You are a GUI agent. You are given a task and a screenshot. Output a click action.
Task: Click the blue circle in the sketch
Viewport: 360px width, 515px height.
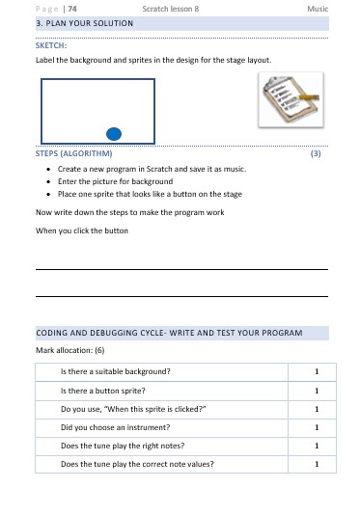(x=113, y=132)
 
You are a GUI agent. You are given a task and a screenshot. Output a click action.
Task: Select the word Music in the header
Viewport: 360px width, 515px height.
(x=317, y=8)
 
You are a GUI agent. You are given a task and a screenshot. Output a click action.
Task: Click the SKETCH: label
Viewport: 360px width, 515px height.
(x=52, y=45)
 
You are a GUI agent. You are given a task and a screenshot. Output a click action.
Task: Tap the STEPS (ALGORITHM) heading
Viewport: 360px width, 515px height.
(x=73, y=153)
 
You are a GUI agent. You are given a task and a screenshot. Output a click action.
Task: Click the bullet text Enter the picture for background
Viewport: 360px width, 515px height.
(x=115, y=181)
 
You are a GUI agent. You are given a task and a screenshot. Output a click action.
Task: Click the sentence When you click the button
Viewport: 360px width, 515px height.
(x=82, y=231)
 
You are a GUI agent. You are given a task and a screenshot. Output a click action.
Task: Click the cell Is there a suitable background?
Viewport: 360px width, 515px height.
(x=116, y=371)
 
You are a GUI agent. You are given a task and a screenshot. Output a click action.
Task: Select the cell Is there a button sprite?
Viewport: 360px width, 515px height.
(x=102, y=391)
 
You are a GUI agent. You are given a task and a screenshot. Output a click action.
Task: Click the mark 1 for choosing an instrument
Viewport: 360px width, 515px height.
(x=317, y=427)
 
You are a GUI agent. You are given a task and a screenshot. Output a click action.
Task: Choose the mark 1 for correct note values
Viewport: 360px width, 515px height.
(x=317, y=464)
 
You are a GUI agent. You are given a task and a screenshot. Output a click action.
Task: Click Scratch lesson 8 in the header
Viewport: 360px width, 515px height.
(x=170, y=8)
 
